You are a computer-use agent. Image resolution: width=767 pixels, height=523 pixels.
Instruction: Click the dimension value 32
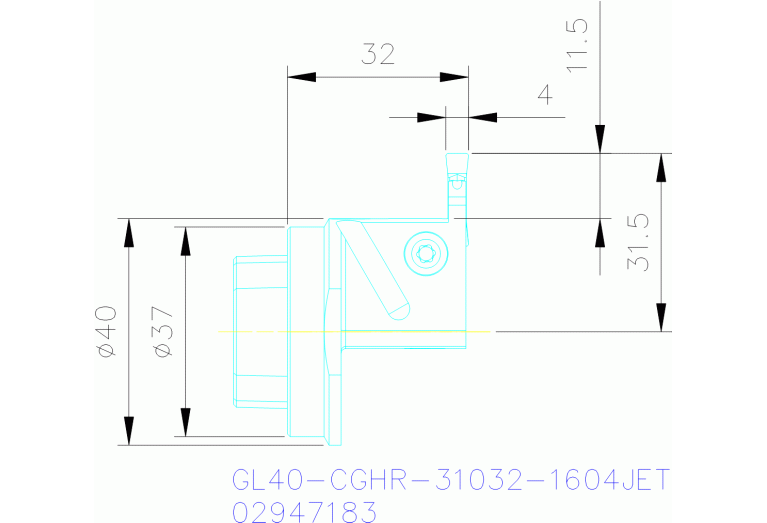coord(378,54)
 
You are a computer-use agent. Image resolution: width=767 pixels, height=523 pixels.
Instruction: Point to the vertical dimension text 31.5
coord(636,242)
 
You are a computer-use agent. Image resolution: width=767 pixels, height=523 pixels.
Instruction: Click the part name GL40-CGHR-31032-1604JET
coord(449,481)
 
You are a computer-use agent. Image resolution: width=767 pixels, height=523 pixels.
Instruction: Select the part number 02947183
coord(303,512)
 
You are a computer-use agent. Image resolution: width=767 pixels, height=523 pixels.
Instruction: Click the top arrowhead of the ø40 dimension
coord(128,232)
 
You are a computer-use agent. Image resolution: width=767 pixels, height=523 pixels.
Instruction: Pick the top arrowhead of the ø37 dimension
coord(185,240)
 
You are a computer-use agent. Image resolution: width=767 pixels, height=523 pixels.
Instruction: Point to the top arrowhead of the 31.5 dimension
coord(660,167)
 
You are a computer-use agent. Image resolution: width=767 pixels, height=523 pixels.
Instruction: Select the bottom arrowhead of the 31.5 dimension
coord(660,316)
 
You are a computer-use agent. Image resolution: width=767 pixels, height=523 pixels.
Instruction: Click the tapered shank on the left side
coord(260,331)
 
